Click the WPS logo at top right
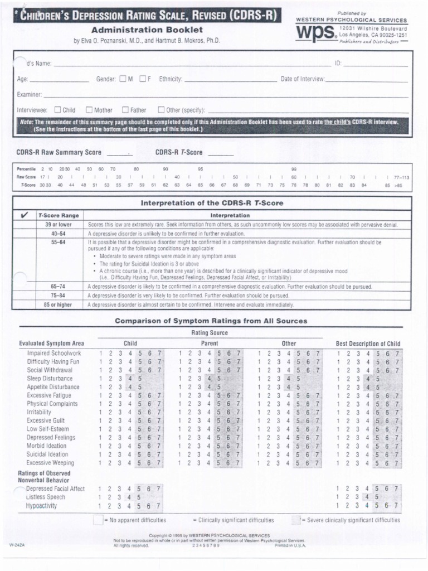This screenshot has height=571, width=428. [315, 35]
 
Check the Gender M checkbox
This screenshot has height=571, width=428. [123, 79]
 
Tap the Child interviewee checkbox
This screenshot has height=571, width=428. [57, 110]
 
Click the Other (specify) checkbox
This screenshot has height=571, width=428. [162, 110]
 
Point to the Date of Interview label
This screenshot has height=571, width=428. [303, 79]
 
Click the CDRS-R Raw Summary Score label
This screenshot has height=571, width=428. [59, 152]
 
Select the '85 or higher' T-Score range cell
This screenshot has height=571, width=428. [58, 305]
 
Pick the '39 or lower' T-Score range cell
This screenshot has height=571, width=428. [58, 225]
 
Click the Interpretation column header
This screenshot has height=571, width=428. [230, 215]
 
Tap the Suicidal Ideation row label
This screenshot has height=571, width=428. [47, 454]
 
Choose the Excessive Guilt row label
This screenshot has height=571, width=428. [46, 420]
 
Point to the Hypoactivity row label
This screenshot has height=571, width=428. [41, 506]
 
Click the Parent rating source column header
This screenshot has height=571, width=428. [210, 343]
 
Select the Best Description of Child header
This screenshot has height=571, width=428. [368, 343]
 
